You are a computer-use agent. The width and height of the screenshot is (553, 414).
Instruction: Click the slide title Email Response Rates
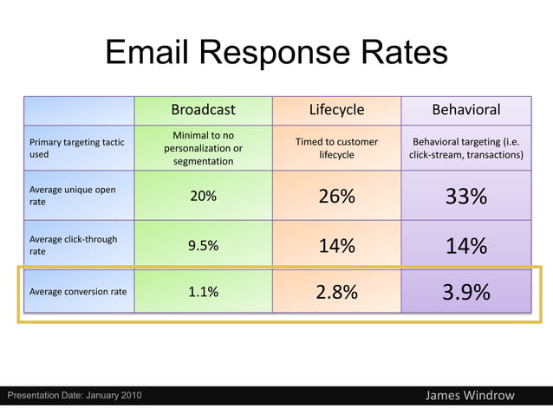point(276,55)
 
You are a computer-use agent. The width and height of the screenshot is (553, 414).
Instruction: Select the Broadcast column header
point(203,110)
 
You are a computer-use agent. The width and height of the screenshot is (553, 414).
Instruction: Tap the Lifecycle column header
point(336,110)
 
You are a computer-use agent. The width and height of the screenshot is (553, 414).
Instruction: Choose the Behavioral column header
point(466,110)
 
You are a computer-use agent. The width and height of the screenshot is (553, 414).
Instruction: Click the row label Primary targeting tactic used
point(76,148)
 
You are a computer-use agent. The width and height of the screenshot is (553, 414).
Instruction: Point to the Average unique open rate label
point(73,196)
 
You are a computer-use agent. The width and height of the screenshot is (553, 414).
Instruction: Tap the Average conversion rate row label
point(78,292)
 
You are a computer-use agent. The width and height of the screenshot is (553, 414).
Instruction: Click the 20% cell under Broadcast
point(203,196)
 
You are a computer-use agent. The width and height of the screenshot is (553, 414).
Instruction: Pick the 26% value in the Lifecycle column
point(336,197)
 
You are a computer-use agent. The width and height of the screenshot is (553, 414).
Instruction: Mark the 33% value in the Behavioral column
point(466,197)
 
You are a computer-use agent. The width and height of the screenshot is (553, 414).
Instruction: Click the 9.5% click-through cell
point(203,245)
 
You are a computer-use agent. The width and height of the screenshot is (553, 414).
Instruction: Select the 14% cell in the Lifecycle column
point(336,246)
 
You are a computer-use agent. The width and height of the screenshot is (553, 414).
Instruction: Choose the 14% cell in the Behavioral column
point(466,247)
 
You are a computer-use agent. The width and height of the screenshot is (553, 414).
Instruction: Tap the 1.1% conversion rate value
point(203,292)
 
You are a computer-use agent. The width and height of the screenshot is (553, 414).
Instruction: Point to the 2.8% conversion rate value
point(336,293)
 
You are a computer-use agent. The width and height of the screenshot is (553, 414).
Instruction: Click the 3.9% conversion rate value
point(466,293)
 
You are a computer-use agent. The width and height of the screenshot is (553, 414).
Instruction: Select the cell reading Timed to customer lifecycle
point(336,148)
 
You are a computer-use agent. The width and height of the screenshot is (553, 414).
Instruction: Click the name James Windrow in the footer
point(470,396)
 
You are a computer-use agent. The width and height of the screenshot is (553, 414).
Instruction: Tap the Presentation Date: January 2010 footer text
point(69,397)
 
